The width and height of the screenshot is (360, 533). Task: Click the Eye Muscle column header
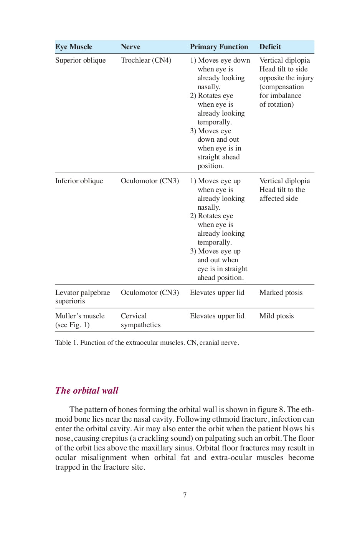coord(74,47)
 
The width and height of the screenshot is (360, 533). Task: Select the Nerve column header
coord(130,47)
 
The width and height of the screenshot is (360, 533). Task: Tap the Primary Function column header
coord(219,47)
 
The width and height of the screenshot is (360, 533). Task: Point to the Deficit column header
coord(270,47)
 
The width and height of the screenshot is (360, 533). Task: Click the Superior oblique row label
coord(80,60)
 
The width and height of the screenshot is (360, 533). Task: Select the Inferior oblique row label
coord(79,181)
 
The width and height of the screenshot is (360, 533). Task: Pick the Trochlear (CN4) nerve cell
coord(146,60)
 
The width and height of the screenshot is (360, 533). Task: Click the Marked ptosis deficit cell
coord(281,293)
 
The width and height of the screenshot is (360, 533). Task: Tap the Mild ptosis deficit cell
coord(276,316)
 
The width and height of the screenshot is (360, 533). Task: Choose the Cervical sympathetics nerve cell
coord(140,320)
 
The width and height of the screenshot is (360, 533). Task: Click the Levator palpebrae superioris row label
coord(82,297)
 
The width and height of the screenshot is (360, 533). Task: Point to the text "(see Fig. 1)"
coord(72,325)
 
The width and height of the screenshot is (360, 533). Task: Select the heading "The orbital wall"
coord(87,391)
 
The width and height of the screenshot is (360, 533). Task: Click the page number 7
coord(185,495)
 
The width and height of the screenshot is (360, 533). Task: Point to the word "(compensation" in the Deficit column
coord(281,87)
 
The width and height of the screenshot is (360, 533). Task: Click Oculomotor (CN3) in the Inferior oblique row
coord(150,181)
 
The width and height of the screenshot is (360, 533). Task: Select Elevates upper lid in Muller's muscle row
coord(217,316)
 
